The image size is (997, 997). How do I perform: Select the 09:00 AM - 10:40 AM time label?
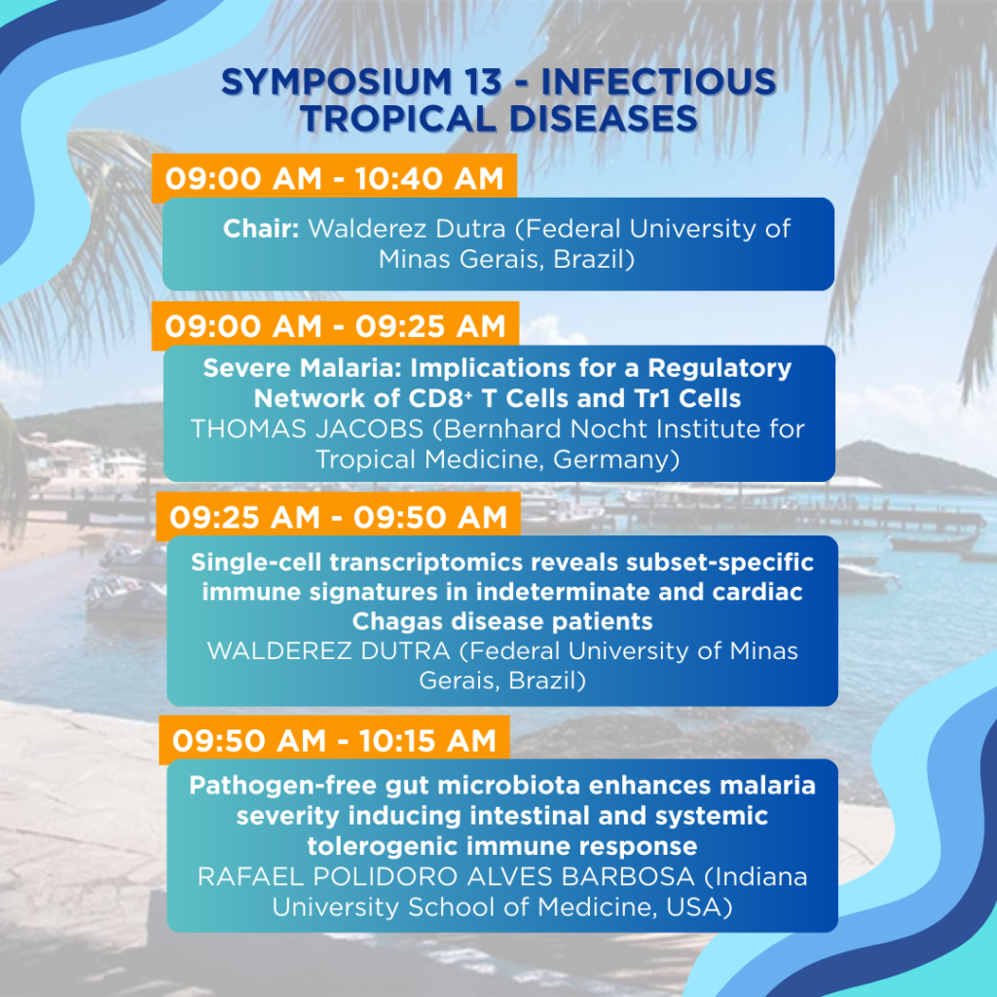click(x=335, y=178)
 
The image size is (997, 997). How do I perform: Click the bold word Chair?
click(x=261, y=228)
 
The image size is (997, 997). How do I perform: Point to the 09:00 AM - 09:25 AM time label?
click(x=335, y=326)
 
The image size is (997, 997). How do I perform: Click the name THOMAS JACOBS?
click(x=307, y=429)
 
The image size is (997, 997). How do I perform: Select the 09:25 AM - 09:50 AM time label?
click(x=338, y=517)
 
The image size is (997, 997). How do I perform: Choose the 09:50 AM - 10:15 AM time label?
click(x=335, y=741)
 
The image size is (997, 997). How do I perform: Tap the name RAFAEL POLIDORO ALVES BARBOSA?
click(x=446, y=877)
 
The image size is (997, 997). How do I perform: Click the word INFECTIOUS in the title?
click(x=659, y=82)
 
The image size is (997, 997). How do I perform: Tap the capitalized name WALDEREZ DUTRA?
click(x=329, y=651)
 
